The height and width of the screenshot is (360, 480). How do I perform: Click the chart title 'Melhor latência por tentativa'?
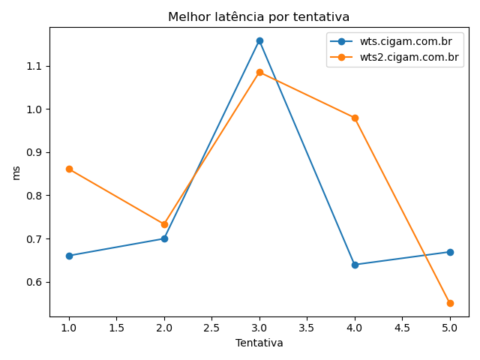pyautogui.click(x=259, y=17)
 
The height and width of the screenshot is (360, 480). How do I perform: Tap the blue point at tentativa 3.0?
pyautogui.click(x=259, y=40)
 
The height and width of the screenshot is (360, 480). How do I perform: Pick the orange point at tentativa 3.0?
pyautogui.click(x=259, y=72)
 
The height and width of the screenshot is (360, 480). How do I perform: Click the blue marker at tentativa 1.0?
pyautogui.click(x=69, y=256)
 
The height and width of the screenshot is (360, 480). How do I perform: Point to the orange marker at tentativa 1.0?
pyautogui.click(x=69, y=169)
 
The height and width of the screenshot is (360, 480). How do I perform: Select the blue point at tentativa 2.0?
pyautogui.click(x=164, y=238)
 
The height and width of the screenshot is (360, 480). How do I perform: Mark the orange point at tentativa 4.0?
pyautogui.click(x=355, y=118)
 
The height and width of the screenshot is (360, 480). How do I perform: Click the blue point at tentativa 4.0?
pyautogui.click(x=355, y=265)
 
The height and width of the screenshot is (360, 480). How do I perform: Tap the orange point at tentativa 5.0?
pyautogui.click(x=450, y=303)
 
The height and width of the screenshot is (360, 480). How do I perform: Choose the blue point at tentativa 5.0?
pyautogui.click(x=450, y=252)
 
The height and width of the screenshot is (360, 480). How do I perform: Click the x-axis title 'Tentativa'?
pyautogui.click(x=259, y=343)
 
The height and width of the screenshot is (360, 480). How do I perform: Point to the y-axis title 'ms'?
pyautogui.click(x=16, y=172)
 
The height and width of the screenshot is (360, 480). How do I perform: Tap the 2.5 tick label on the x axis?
pyautogui.click(x=211, y=327)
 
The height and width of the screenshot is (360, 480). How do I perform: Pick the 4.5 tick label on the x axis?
pyautogui.click(x=402, y=327)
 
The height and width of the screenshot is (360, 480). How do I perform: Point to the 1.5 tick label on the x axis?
pyautogui.click(x=116, y=327)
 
